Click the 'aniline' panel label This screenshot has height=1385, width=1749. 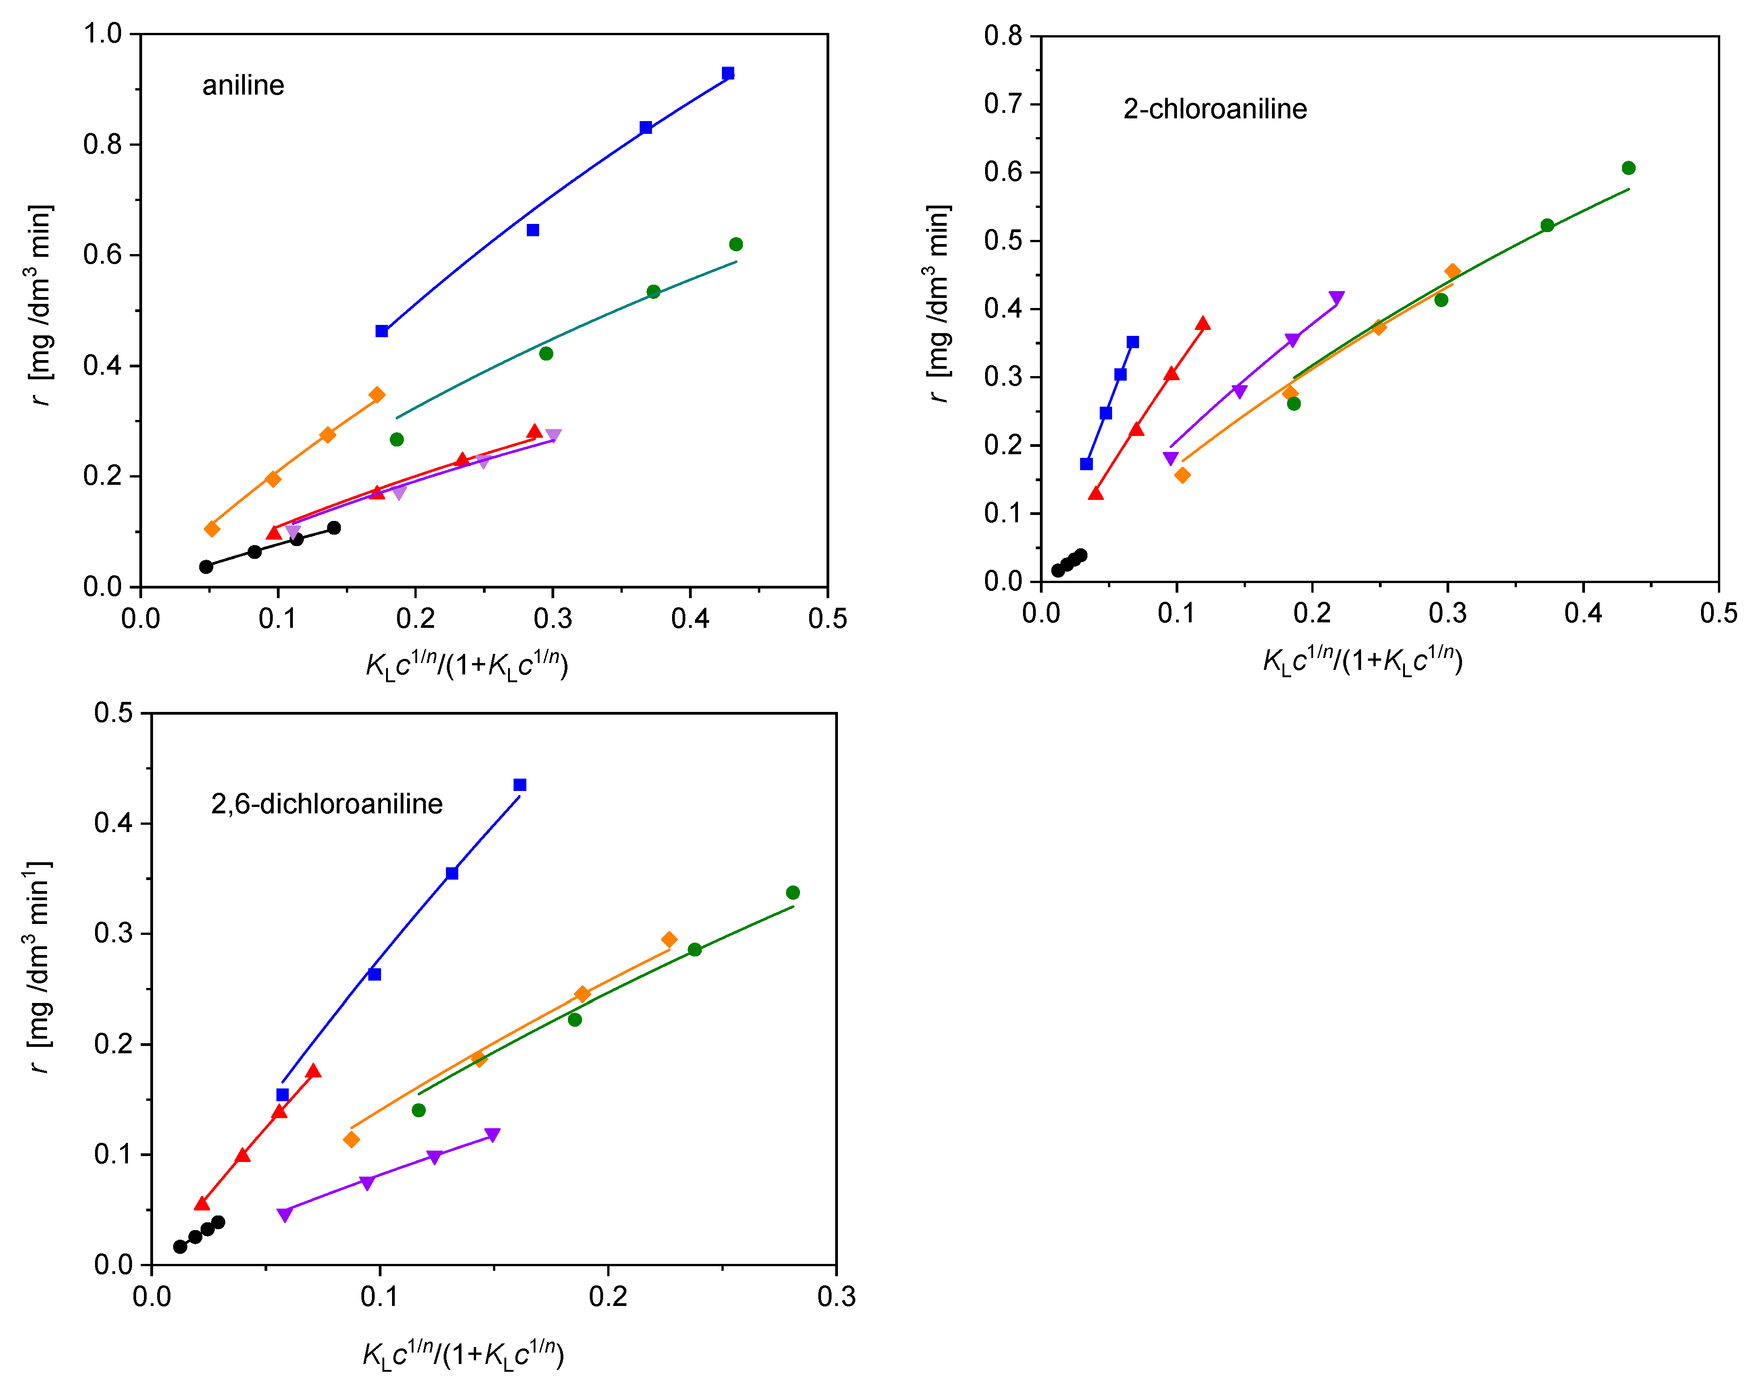coord(243,85)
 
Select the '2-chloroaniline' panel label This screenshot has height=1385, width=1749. coord(1214,109)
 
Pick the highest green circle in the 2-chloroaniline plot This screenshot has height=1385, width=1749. coord(1628,168)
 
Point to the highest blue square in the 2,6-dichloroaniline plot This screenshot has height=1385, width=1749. coord(520,785)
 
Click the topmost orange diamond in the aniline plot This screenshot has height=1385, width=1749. coord(376,395)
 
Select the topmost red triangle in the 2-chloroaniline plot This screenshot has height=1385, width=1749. coord(1203,324)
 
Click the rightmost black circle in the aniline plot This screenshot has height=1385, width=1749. coord(333,528)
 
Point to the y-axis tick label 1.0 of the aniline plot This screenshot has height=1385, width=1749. coord(102,34)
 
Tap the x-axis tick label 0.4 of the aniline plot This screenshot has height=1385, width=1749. coord(690,619)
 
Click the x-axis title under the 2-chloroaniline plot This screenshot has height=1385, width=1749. coord(1362,661)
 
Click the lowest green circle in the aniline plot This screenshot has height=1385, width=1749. coord(397,440)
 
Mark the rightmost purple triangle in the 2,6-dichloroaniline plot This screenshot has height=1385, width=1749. coord(492,1135)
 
